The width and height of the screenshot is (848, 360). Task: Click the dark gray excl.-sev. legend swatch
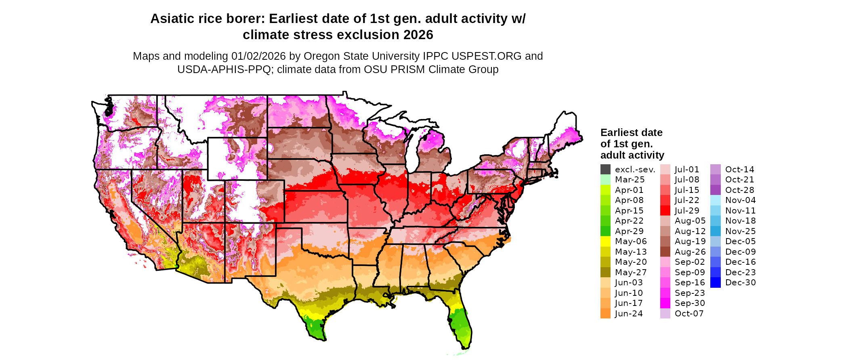pyautogui.click(x=605, y=170)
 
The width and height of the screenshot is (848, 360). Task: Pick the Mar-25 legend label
pyautogui.click(x=630, y=180)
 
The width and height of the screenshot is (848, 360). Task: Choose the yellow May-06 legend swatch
pyautogui.click(x=605, y=241)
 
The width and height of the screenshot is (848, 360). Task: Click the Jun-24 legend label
pyautogui.click(x=629, y=314)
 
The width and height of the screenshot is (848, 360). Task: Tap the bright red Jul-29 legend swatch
pyautogui.click(x=665, y=211)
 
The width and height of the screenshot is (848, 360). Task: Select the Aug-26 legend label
pyautogui.click(x=690, y=252)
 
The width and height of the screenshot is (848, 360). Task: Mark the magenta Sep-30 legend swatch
pyautogui.click(x=665, y=303)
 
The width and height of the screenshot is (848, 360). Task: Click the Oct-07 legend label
pyautogui.click(x=689, y=314)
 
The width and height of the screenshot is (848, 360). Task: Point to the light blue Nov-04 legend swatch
pyautogui.click(x=715, y=200)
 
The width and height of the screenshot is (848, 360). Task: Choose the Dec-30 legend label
pyautogui.click(x=740, y=283)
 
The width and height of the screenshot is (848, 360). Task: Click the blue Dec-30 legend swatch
pyautogui.click(x=715, y=283)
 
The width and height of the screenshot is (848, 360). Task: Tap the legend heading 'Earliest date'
pyautogui.click(x=631, y=133)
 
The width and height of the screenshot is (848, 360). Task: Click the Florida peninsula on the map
pyautogui.click(x=460, y=323)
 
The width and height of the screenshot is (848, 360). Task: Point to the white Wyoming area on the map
pyautogui.click(x=226, y=161)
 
